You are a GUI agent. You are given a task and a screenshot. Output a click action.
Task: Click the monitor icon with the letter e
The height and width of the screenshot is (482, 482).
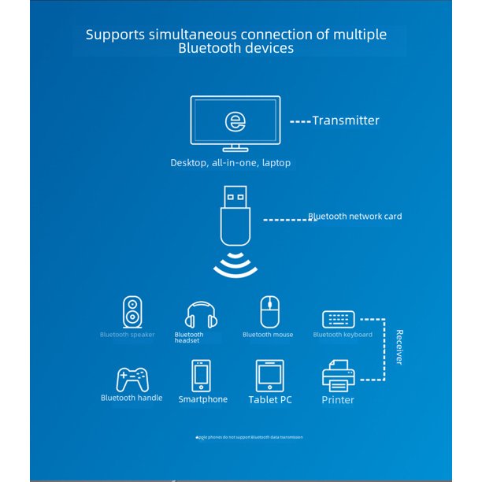[235, 122]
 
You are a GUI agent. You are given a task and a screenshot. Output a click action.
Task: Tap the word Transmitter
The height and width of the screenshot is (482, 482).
[345, 120]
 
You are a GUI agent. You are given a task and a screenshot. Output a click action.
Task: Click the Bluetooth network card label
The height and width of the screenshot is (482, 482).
[354, 216]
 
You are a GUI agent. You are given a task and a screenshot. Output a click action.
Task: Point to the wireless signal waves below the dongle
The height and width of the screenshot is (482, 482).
[235, 266]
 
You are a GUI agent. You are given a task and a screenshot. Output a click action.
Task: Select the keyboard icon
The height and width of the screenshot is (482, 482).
[339, 319]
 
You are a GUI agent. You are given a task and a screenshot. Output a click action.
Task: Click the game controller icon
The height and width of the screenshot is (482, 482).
[131, 380]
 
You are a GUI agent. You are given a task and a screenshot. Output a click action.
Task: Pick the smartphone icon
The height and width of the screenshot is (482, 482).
[201, 376]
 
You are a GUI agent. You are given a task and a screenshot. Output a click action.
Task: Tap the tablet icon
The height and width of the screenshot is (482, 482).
[269, 376]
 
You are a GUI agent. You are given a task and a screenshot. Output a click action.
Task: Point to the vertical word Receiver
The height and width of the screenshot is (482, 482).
[399, 347]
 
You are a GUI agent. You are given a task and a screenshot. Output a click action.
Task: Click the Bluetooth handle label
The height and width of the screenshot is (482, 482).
[132, 398]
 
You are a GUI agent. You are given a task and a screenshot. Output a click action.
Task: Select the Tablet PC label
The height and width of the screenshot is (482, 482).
[270, 400]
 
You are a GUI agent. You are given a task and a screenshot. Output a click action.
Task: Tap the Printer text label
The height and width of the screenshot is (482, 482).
[338, 400]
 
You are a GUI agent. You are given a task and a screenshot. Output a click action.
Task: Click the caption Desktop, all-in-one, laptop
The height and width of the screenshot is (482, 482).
[231, 163]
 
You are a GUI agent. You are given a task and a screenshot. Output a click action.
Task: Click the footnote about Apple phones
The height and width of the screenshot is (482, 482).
[249, 436]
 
